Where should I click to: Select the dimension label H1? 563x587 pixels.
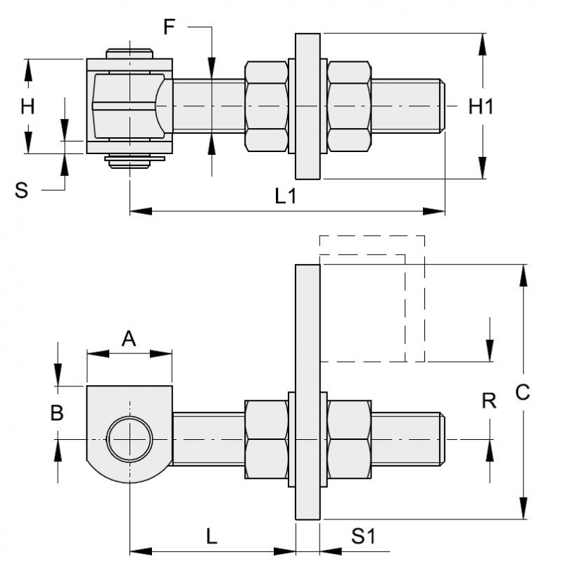pyautogui.click(x=481, y=106)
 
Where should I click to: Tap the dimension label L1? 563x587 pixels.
pyautogui.click(x=285, y=196)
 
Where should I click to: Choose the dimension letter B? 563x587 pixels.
pyautogui.click(x=57, y=413)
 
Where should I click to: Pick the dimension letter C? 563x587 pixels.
pyautogui.click(x=522, y=393)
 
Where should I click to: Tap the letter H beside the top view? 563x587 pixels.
pyautogui.click(x=27, y=106)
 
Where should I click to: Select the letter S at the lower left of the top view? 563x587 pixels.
pyautogui.click(x=23, y=189)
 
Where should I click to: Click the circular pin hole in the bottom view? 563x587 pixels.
pyautogui.click(x=129, y=439)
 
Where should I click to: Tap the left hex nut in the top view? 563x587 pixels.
pyautogui.click(x=266, y=106)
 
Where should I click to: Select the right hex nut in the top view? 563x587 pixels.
pyautogui.click(x=349, y=106)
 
